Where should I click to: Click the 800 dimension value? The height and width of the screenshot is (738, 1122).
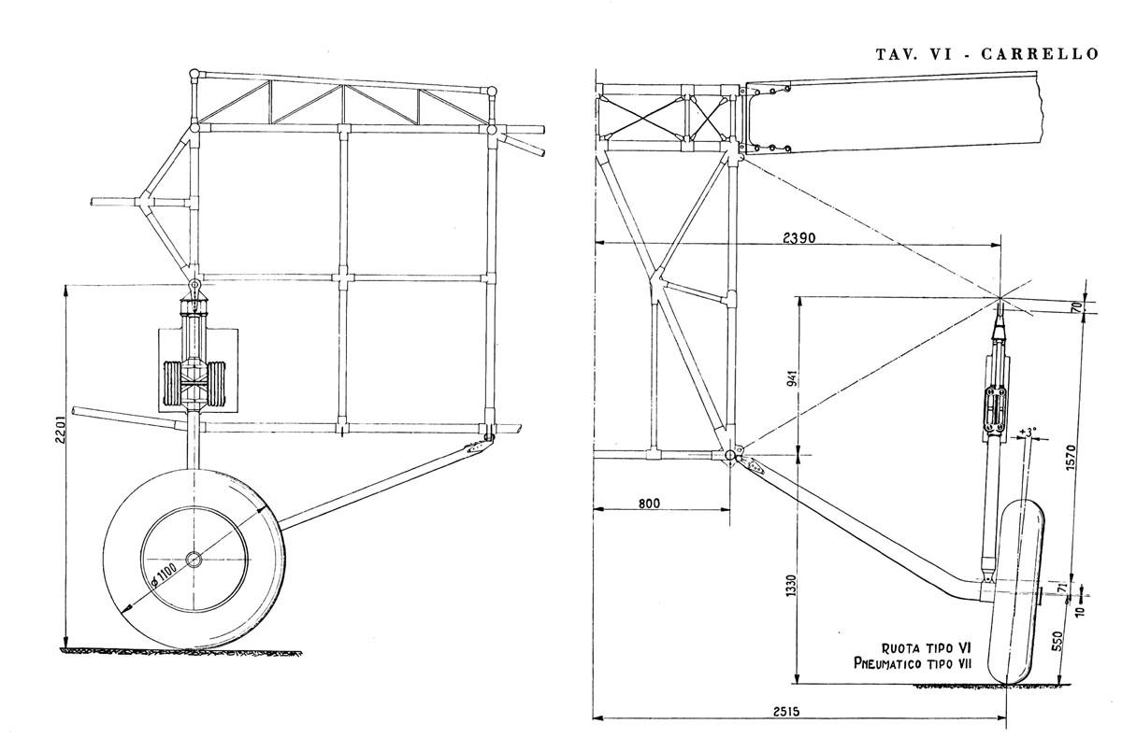click(650, 504)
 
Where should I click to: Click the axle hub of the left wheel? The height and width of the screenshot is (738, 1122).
click(194, 560)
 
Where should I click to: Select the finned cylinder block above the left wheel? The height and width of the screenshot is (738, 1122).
click(194, 383)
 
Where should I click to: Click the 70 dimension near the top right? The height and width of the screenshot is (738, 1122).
click(1075, 305)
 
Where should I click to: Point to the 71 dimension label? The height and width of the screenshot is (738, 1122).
click(1061, 587)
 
